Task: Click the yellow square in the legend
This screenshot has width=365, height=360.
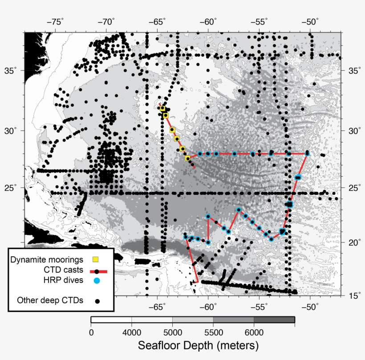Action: point(95,259)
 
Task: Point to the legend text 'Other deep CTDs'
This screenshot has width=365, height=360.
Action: point(50,300)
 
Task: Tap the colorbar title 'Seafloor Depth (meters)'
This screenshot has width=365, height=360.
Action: point(192,345)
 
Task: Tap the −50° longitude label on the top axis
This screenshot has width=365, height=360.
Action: point(311,22)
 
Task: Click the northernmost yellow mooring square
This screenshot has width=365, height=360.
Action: point(162,108)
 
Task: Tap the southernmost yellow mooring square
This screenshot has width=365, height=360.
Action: point(187,158)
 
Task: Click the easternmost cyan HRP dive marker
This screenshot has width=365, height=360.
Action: point(307,154)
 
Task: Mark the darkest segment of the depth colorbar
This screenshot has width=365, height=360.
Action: point(274,320)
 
